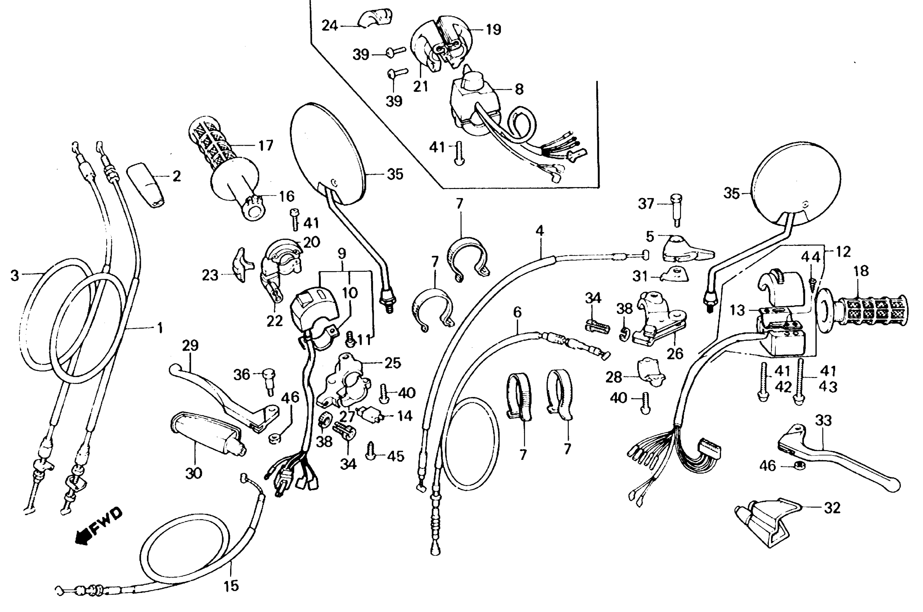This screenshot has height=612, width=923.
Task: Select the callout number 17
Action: click(266, 145)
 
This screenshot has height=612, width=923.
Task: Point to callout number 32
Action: click(832, 508)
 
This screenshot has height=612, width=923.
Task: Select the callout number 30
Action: click(194, 473)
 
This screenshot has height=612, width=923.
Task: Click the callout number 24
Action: click(330, 26)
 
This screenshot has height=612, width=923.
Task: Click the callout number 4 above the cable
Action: click(539, 231)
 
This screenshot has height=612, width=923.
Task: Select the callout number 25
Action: click(393, 363)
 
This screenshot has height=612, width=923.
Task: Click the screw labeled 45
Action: click(371, 453)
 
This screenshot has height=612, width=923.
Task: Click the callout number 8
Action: click(519, 89)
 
